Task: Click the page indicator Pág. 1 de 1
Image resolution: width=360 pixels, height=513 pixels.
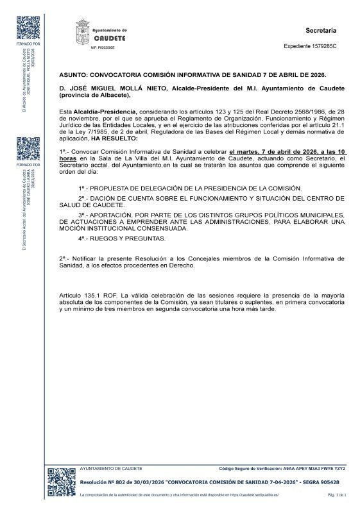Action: (x=337, y=495)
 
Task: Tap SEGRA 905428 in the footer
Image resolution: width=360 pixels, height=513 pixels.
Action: (x=316, y=482)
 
